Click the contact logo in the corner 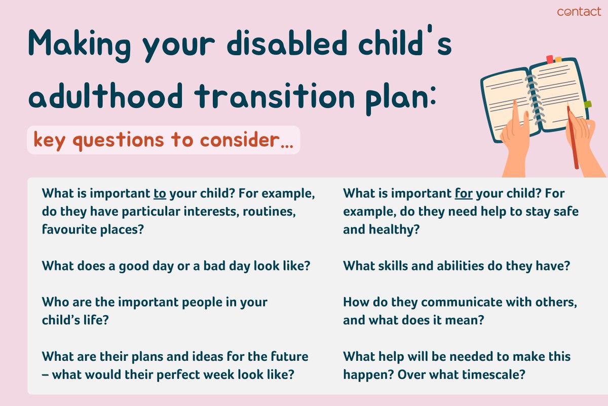point(579,12)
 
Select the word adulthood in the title point(105,96)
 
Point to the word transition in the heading point(275,95)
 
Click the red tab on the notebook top point(550,59)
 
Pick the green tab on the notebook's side point(587,104)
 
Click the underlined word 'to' point(160,194)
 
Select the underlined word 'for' point(464,193)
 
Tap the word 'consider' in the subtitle point(239,140)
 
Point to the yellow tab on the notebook point(558,59)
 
